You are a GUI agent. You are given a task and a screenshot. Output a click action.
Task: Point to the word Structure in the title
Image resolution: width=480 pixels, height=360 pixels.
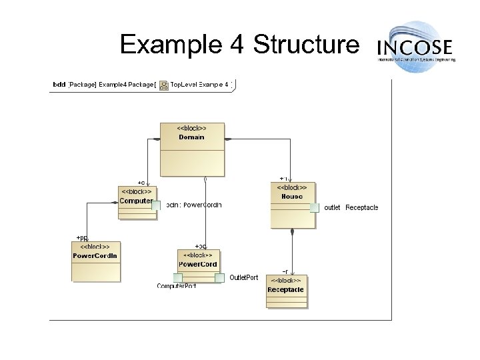[306, 45]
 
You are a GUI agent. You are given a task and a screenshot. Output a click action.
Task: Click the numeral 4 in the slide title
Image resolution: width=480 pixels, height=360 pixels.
[238, 45]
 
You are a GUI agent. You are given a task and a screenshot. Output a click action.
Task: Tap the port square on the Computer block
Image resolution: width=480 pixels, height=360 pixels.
[156, 205]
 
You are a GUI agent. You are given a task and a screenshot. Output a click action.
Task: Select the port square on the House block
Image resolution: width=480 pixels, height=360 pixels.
[315, 207]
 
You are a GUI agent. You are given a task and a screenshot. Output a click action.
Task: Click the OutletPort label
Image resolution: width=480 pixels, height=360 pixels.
[244, 277]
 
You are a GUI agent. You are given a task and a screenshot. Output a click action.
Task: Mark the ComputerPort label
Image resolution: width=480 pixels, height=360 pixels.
[177, 286]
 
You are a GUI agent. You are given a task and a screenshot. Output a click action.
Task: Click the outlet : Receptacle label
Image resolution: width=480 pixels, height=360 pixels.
[351, 207]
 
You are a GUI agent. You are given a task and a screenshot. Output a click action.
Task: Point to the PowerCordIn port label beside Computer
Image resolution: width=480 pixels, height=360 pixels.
[193, 205]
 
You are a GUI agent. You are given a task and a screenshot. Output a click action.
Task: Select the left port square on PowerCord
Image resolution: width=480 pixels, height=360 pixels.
[177, 277]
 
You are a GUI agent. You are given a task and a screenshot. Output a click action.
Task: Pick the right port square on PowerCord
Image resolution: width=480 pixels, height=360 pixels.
[219, 277]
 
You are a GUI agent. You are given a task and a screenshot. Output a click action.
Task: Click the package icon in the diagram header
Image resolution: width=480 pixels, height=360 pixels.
[164, 85]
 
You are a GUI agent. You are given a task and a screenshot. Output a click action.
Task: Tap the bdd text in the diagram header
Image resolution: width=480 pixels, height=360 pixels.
[59, 85]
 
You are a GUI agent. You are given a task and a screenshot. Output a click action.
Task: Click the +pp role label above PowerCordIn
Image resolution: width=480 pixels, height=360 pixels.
[81, 237]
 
